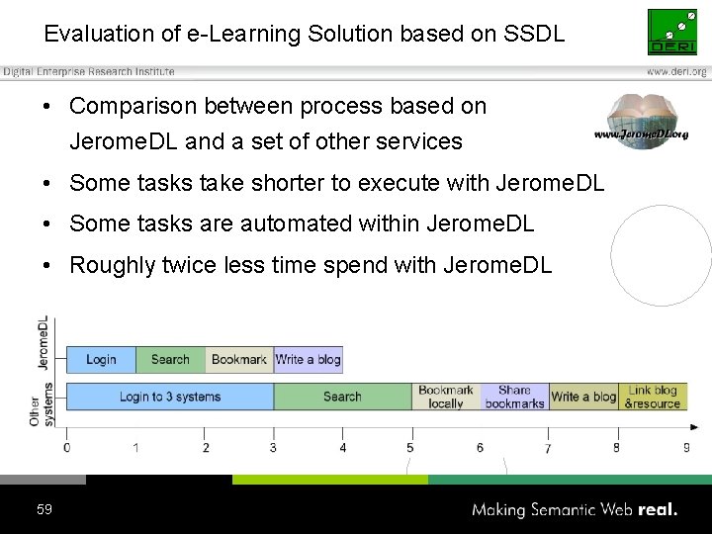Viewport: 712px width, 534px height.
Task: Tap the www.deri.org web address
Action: (676, 72)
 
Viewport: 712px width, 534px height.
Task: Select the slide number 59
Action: (44, 509)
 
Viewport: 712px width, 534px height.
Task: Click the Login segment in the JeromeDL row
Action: (101, 360)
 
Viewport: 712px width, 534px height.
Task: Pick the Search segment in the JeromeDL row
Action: (170, 360)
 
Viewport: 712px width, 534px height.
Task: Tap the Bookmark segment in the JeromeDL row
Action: (239, 360)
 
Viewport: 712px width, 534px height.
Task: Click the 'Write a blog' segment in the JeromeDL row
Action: (308, 360)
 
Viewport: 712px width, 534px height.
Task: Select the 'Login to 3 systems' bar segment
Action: (169, 397)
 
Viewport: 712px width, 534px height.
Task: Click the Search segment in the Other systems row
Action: (342, 397)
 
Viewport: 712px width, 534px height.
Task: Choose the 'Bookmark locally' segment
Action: (446, 397)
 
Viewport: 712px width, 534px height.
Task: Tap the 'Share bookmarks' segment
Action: (514, 397)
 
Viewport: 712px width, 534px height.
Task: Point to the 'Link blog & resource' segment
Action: (653, 397)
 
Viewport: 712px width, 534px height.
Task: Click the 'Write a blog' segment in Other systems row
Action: (583, 397)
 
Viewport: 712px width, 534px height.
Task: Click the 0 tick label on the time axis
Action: (66, 448)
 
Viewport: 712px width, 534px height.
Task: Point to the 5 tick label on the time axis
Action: (410, 448)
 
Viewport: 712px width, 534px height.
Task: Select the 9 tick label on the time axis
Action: (686, 448)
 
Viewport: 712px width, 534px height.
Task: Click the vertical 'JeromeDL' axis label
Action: (43, 342)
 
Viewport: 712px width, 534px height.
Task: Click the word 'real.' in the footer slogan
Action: (658, 510)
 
